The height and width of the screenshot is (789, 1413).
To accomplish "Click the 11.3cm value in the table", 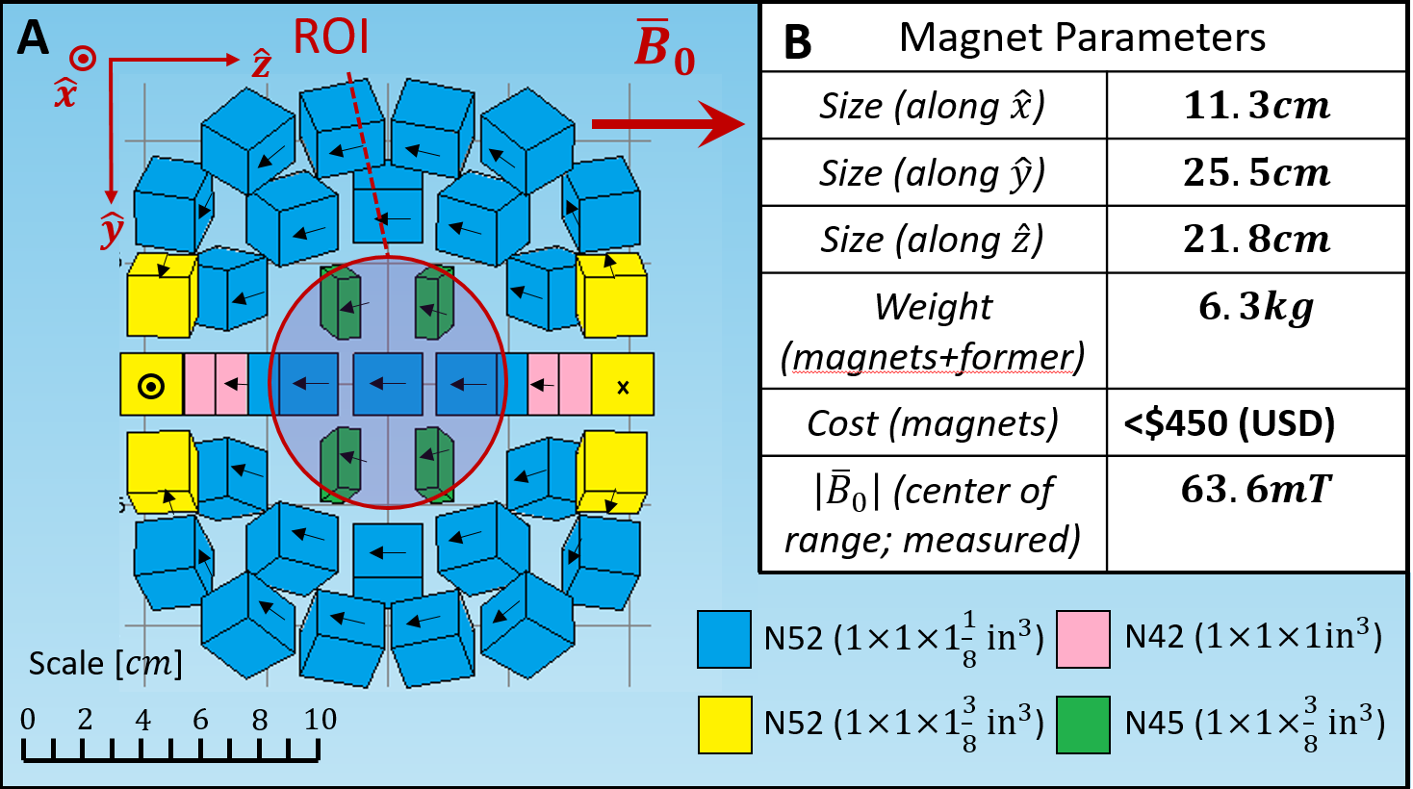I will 1256,106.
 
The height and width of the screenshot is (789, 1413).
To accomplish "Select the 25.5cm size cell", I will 1256,173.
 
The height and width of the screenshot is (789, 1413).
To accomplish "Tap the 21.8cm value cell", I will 1256,240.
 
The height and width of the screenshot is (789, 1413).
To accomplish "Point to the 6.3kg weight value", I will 1256,307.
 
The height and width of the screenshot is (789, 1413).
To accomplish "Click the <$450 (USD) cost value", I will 1229,423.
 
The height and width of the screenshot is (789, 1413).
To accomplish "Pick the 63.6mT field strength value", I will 1256,490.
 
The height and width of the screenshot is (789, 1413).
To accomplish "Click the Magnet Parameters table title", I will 1081,38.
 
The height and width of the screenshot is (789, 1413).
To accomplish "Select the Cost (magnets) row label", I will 933,423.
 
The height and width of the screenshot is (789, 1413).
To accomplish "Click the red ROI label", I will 330,37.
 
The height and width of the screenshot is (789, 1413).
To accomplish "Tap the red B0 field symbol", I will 664,48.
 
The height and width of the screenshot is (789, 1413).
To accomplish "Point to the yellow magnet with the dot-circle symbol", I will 151,385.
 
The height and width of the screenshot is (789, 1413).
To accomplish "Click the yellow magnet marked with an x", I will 623,385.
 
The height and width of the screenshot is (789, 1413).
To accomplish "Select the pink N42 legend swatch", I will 1082,639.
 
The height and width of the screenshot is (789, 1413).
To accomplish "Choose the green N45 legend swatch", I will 1082,724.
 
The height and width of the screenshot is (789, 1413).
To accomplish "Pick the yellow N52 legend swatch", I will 724,724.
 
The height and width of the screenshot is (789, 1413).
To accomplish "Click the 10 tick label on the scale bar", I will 320,720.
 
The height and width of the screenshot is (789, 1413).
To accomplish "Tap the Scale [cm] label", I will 105,664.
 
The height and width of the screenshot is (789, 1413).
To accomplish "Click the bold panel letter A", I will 33,38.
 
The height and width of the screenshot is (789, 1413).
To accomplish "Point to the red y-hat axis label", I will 113,229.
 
